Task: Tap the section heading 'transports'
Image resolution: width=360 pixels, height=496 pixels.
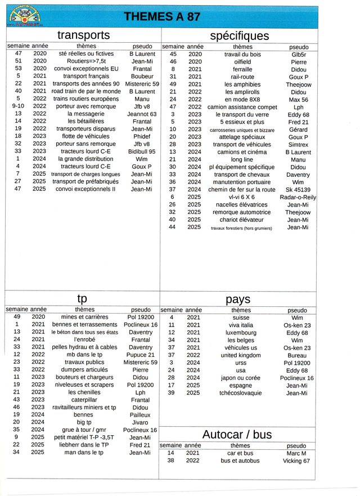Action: point(83,35)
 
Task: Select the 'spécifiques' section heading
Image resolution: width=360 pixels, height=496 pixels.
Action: point(240,35)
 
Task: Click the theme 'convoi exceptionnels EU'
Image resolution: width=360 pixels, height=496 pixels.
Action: point(86,69)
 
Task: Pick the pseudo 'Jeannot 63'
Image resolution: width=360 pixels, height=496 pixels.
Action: point(142,114)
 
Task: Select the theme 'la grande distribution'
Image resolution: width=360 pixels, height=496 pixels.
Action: point(87,159)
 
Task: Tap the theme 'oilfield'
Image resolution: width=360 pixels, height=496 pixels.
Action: point(242,61)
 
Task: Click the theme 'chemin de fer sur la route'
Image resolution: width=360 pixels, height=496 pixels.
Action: point(242,190)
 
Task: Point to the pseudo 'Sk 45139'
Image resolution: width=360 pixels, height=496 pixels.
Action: point(298,190)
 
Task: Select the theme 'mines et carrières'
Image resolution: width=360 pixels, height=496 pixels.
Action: point(84,317)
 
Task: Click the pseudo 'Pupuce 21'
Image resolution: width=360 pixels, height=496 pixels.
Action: point(141,355)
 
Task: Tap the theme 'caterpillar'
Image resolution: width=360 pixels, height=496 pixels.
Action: point(84,400)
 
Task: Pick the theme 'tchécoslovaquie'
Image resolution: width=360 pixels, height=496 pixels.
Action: point(241,393)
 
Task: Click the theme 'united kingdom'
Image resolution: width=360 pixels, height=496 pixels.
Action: point(241,355)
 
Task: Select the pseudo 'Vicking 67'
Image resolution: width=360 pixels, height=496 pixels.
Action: point(296,461)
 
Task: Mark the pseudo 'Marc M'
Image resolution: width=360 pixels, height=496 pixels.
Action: point(296,453)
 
